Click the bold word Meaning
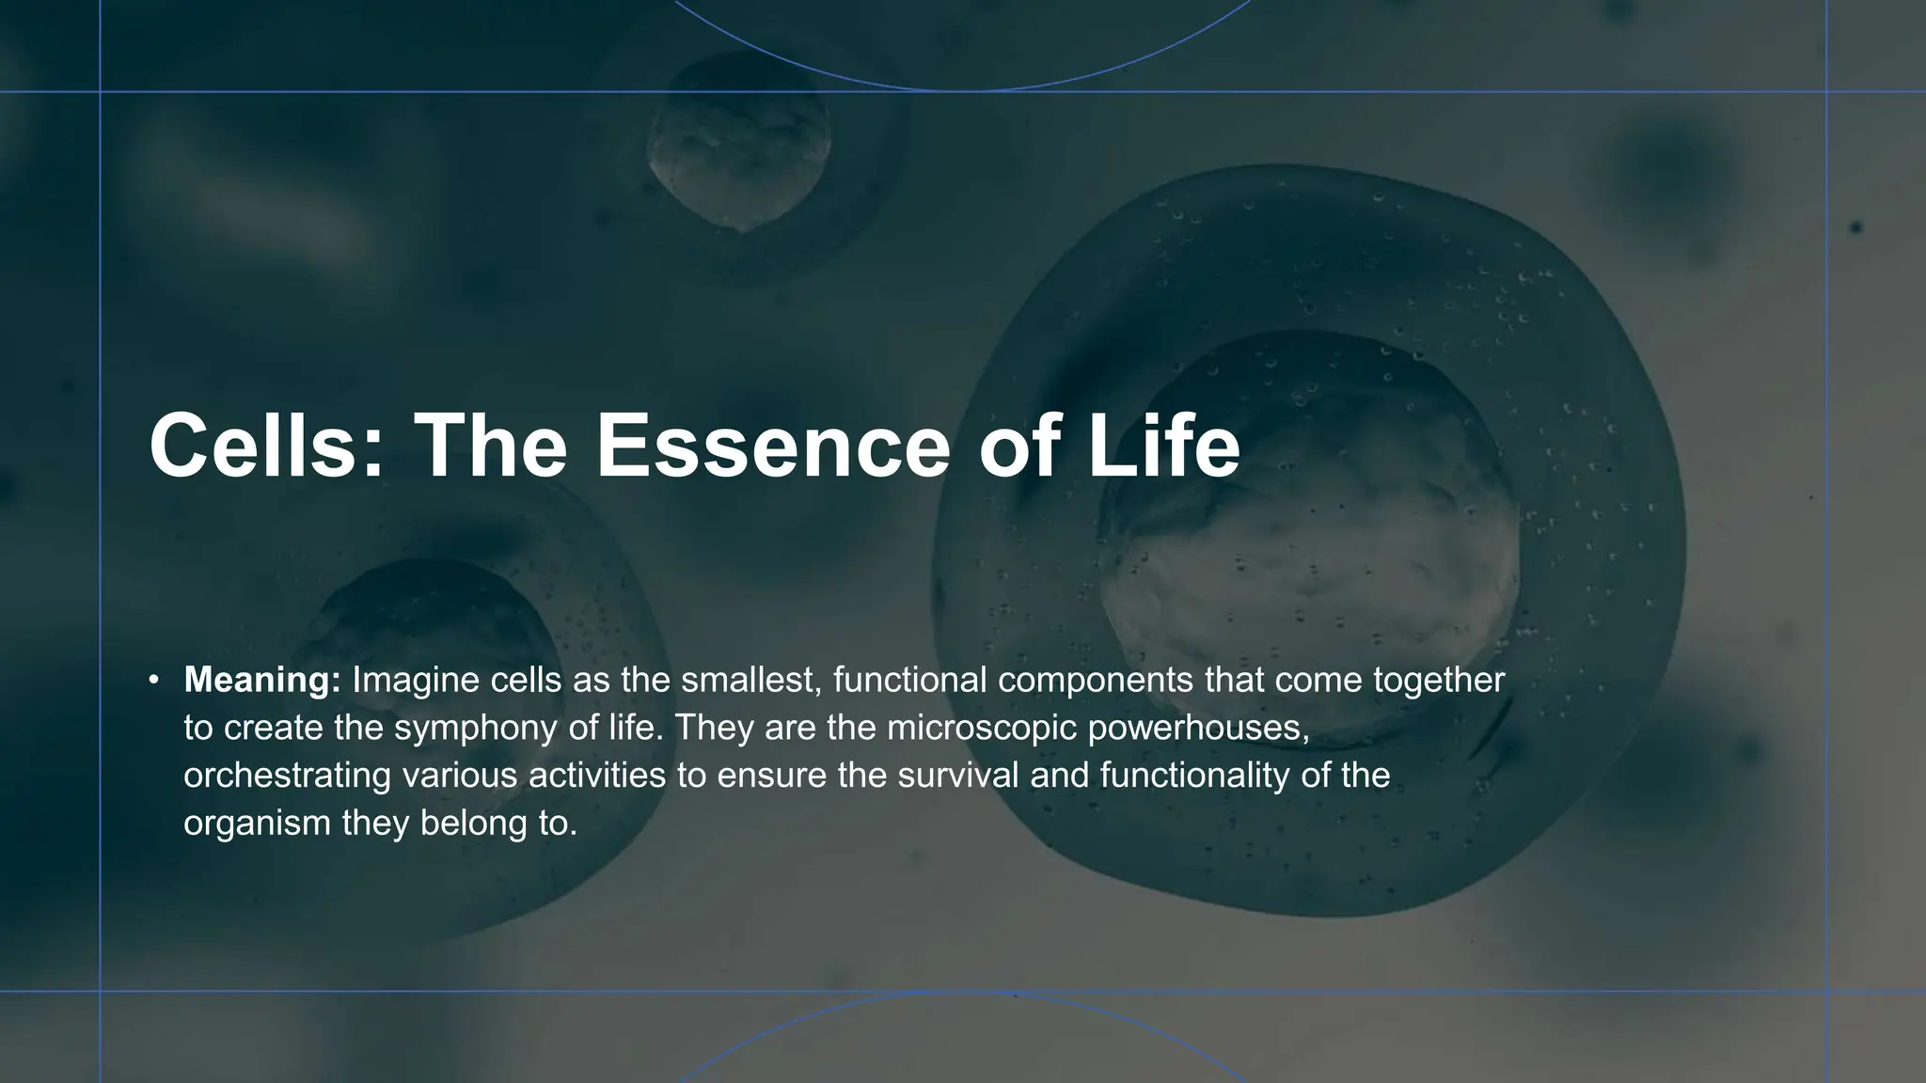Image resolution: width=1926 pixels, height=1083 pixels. point(261,680)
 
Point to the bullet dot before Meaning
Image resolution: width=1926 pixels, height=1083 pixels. point(153,680)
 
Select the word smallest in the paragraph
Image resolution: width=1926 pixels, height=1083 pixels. point(750,680)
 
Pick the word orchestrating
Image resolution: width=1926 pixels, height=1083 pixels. point(287,776)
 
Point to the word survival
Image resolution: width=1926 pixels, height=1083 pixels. point(958,776)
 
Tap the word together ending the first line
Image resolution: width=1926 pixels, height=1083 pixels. point(1439,680)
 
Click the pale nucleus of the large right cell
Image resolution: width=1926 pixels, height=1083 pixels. point(1307,583)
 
